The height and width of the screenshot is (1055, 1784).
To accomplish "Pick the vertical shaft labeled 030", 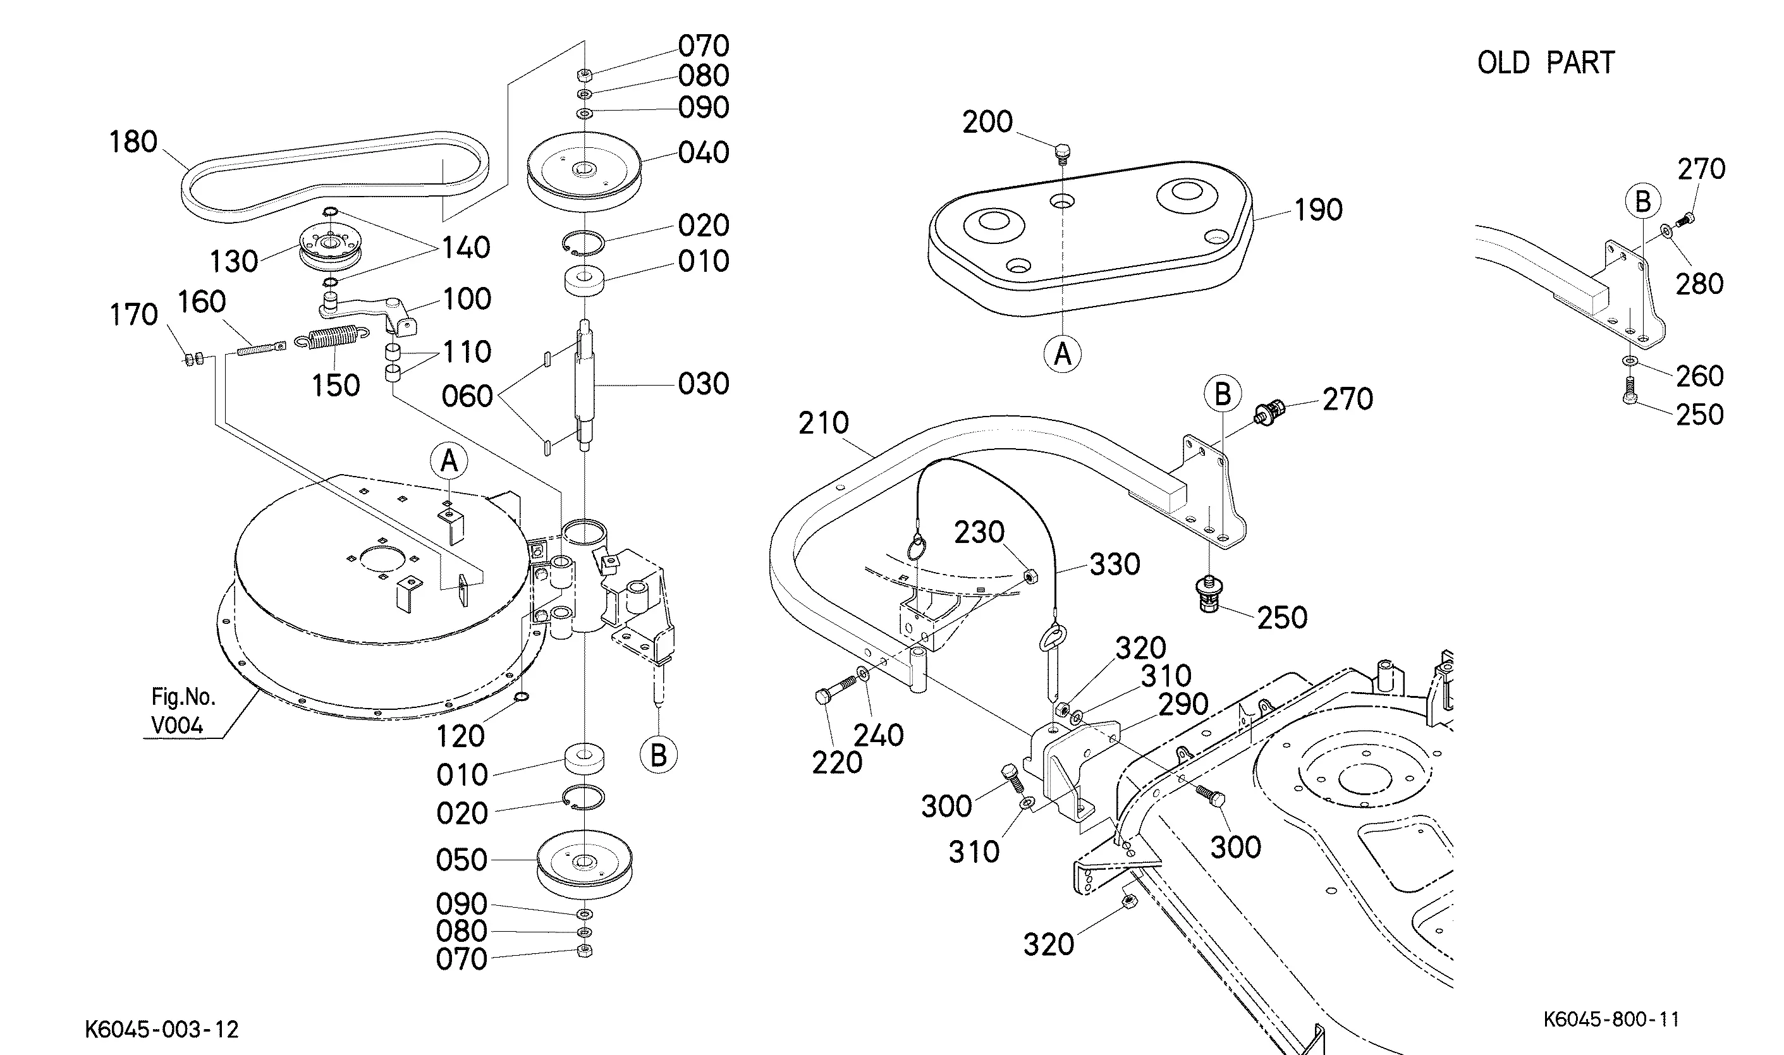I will (x=584, y=384).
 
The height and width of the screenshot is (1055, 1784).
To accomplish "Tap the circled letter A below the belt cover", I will (x=1062, y=354).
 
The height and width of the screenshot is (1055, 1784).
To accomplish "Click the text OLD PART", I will (x=1545, y=63).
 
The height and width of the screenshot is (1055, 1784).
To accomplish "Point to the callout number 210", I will (x=823, y=424).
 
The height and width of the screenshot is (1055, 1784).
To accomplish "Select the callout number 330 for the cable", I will (x=1114, y=564).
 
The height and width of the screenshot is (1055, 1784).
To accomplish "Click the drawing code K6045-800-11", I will (x=1611, y=1019).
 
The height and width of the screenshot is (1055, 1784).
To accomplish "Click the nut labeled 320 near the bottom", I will (x=1127, y=901).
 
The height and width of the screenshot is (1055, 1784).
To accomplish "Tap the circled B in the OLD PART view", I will (x=1642, y=202).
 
